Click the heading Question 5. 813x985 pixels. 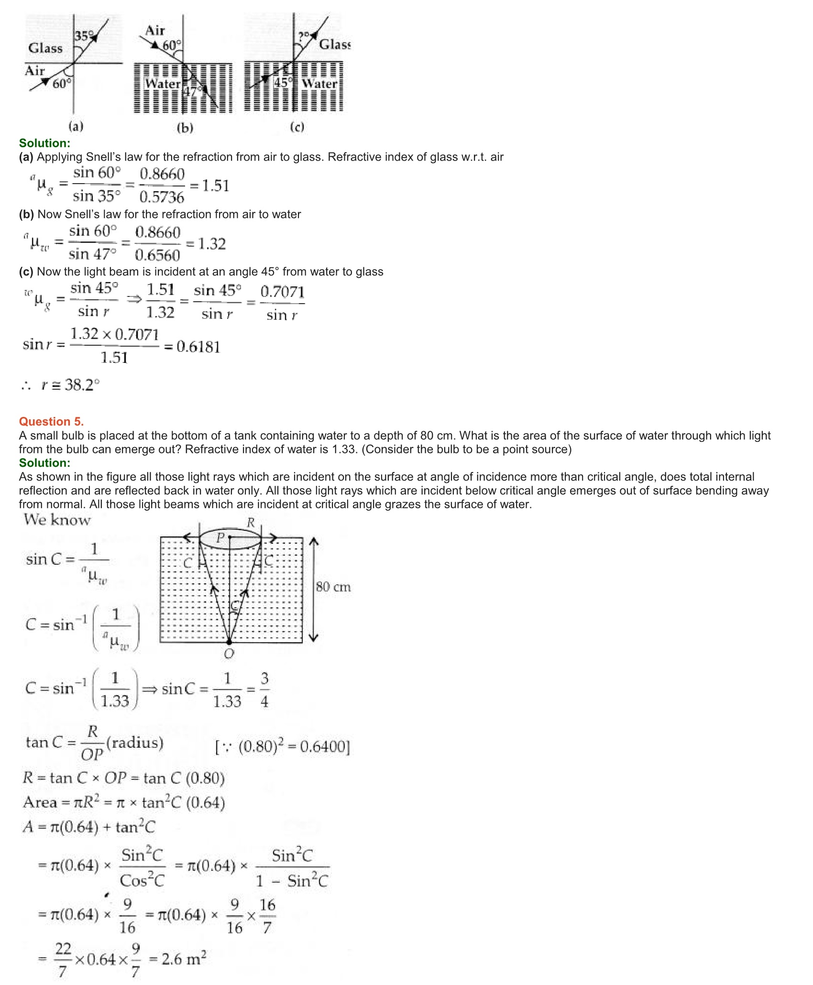click(51, 421)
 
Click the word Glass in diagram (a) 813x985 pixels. click(45, 48)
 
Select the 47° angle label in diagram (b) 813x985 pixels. click(193, 91)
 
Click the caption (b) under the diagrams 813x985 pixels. click(185, 128)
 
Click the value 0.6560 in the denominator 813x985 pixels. click(157, 255)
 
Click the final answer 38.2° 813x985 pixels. click(82, 385)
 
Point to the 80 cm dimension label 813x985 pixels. click(333, 587)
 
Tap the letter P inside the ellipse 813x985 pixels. click(220, 537)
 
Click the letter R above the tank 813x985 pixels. click(251, 523)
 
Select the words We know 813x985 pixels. click(57, 520)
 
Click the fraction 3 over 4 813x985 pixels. click(264, 689)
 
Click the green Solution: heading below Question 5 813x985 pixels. click(44, 463)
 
